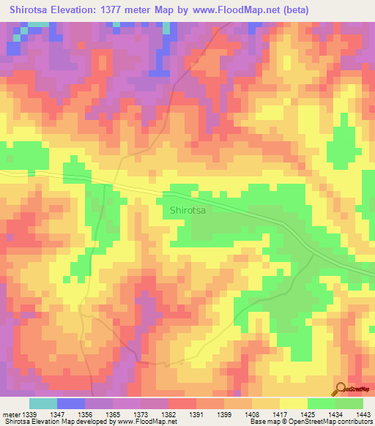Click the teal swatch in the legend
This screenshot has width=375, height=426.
coord(43,403)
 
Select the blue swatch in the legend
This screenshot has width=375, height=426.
coord(71,403)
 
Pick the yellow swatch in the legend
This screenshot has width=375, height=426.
coord(293,403)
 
